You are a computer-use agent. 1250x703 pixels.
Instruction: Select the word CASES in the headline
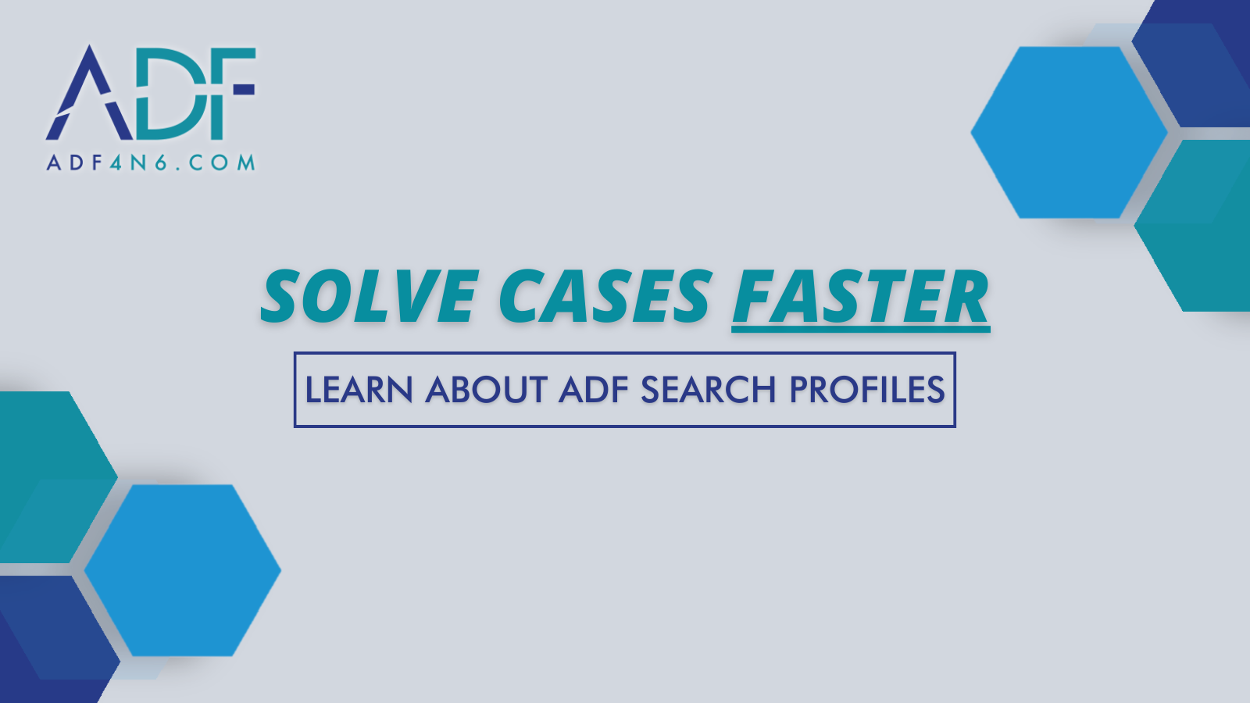(605, 296)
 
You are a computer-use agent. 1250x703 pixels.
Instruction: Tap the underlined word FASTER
(860, 296)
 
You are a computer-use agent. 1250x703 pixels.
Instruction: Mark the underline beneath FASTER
(860, 329)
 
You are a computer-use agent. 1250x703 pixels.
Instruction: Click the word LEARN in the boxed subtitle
(359, 390)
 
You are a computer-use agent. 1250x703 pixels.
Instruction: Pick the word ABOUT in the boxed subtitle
(486, 390)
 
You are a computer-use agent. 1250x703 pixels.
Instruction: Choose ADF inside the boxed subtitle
(594, 390)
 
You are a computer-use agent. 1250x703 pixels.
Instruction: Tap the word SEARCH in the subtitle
(708, 390)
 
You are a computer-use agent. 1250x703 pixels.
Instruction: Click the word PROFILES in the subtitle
(866, 390)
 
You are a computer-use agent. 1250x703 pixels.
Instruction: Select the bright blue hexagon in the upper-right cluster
(1069, 132)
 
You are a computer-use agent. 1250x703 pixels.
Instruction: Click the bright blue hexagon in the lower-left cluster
(183, 570)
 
